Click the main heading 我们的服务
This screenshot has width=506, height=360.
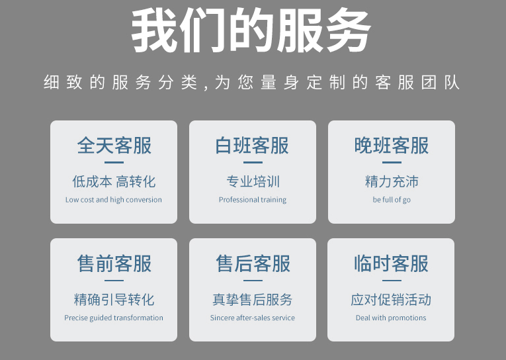(x=251, y=32)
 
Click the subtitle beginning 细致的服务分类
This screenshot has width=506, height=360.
(x=251, y=83)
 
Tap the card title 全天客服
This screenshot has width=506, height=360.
(x=114, y=146)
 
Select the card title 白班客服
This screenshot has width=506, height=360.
(x=252, y=146)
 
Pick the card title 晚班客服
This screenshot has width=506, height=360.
(x=392, y=146)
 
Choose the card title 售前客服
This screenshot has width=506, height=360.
(x=114, y=263)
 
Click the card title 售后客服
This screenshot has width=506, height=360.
(x=253, y=263)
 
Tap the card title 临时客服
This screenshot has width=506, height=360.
(x=391, y=263)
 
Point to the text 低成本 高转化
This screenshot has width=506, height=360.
(x=114, y=181)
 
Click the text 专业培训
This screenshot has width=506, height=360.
(x=253, y=181)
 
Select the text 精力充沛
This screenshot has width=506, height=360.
(x=392, y=181)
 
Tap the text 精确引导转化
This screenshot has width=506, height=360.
(x=114, y=300)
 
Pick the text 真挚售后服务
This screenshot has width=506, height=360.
(x=253, y=300)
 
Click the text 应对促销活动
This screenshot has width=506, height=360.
(x=391, y=300)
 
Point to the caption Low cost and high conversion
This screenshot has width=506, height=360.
(x=114, y=200)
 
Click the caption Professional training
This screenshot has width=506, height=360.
(x=253, y=200)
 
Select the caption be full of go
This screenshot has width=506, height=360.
(x=392, y=200)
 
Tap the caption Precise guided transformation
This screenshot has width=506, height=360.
(x=114, y=318)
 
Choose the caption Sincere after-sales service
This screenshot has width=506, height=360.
(x=253, y=318)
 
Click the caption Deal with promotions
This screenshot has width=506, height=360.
(x=391, y=318)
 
